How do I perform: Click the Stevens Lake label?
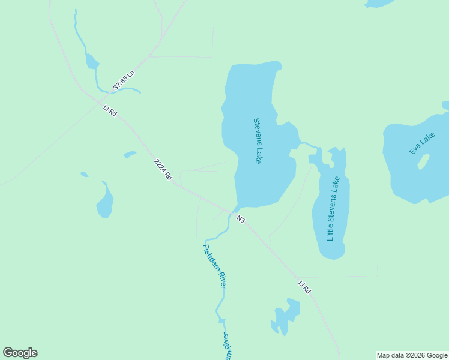click(x=257, y=141)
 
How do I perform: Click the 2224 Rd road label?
click(x=163, y=169)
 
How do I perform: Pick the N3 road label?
click(x=241, y=219)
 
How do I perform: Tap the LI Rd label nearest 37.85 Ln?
click(x=109, y=110)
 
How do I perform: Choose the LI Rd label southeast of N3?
click(x=304, y=287)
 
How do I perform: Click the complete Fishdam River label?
click(x=214, y=266)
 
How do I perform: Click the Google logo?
click(x=20, y=353)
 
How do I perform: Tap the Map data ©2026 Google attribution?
click(x=412, y=355)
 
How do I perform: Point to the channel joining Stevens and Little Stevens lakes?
click(x=310, y=145)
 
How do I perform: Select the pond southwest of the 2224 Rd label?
click(x=105, y=203)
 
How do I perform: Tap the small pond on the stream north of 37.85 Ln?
click(x=91, y=61)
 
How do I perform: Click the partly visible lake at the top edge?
click(x=379, y=3)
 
